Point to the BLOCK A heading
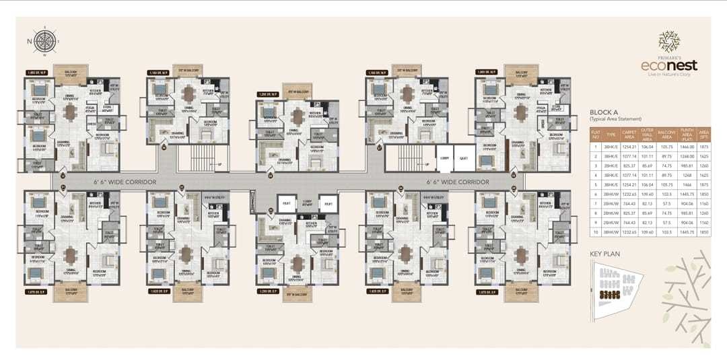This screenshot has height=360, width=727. pyautogui.click(x=604, y=112)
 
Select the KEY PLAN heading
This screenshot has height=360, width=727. pyautogui.click(x=604, y=255)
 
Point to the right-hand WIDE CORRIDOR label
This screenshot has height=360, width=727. pyautogui.click(x=460, y=182)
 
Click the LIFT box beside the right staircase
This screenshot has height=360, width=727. pyautogui.click(x=463, y=159)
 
